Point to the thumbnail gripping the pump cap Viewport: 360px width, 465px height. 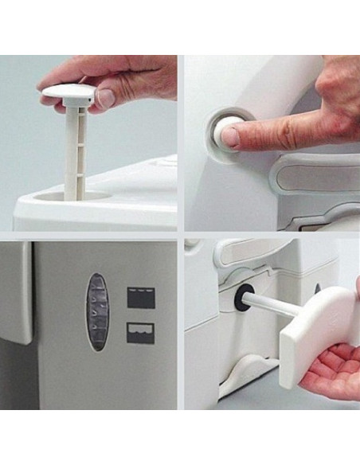point(104,98)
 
